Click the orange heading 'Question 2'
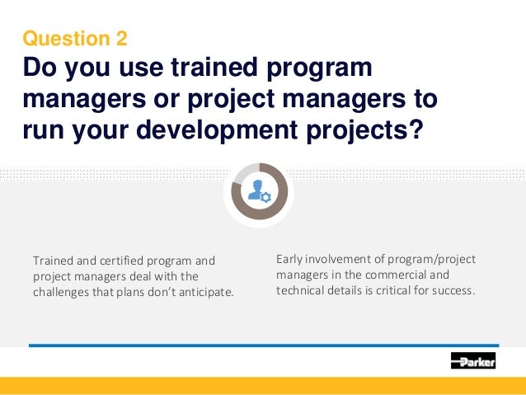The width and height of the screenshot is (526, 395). (x=75, y=38)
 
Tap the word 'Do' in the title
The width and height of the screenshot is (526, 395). (x=40, y=68)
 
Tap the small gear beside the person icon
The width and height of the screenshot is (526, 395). (x=265, y=197)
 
